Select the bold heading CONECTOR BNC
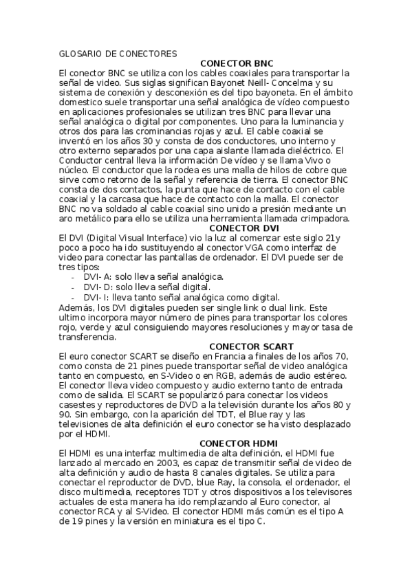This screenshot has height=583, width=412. (236, 63)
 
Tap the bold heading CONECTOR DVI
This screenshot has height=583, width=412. (243, 228)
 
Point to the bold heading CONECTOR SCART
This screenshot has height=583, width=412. (246, 346)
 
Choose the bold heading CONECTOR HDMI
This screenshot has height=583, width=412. (236, 443)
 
